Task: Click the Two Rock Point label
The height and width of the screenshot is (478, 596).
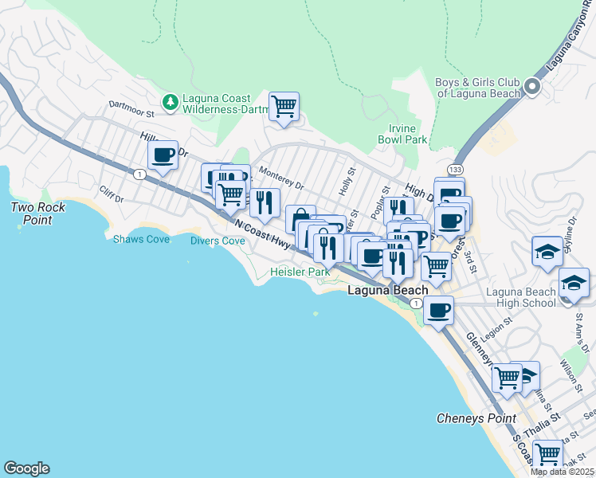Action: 37,214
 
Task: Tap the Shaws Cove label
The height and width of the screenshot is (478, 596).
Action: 141,239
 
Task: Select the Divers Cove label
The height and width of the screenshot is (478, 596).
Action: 218,241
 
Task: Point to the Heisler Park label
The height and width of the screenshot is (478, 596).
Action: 299,272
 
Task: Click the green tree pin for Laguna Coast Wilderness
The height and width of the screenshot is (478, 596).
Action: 170,102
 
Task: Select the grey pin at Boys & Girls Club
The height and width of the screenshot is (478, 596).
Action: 531,87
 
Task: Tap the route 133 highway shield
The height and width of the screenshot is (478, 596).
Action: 455,170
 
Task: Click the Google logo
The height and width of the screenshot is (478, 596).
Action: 26,468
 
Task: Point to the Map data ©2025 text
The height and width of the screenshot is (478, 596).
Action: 562,472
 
